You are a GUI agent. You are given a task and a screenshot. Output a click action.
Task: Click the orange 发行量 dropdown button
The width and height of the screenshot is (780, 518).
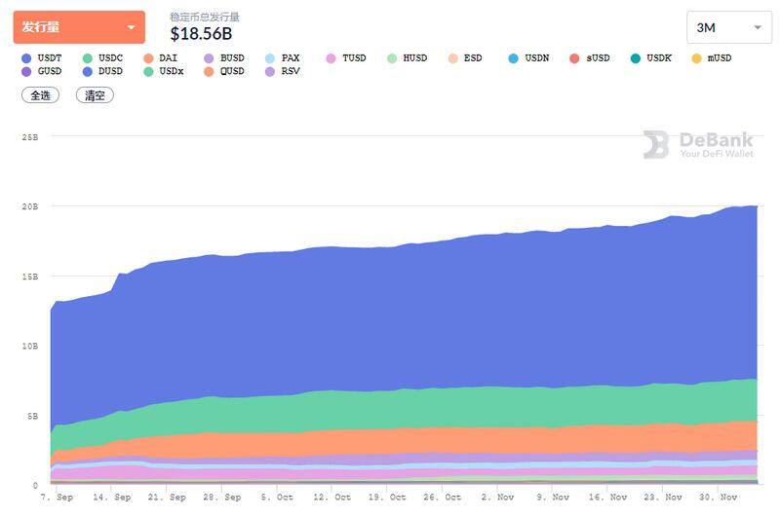click(79, 27)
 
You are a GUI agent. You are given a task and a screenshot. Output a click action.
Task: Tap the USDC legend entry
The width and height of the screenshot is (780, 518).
click(103, 58)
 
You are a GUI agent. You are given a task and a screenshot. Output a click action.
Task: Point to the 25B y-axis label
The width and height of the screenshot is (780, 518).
click(29, 137)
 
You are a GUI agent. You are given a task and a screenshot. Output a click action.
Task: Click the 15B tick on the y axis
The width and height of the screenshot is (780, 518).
click(29, 277)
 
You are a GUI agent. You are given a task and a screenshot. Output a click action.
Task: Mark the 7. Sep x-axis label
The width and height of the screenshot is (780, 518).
click(56, 497)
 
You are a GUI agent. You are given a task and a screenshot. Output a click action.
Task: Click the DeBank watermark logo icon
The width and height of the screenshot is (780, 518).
click(656, 145)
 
